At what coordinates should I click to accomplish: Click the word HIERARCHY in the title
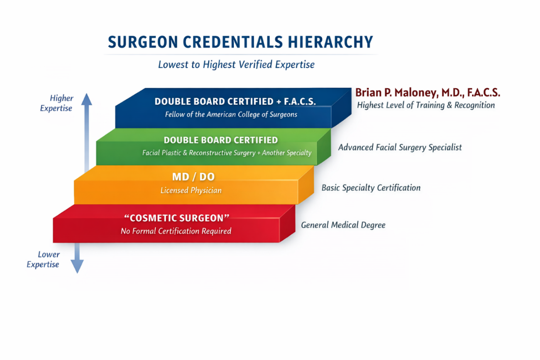click(330, 42)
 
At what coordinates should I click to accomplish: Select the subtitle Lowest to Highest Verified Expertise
click(236, 65)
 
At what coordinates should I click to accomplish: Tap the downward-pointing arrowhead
click(77, 266)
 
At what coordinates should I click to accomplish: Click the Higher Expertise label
click(57, 103)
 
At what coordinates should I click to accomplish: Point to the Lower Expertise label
click(43, 260)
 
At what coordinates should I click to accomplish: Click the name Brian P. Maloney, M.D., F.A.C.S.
click(428, 92)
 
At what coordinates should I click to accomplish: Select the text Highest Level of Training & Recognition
click(426, 105)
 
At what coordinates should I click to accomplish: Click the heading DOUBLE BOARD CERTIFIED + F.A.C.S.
click(235, 101)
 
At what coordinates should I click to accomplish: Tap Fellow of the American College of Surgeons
click(231, 115)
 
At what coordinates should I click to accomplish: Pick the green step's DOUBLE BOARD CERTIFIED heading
click(221, 140)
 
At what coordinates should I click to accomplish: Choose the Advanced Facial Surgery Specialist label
click(400, 147)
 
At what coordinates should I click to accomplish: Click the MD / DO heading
click(193, 177)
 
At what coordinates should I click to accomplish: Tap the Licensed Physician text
click(191, 191)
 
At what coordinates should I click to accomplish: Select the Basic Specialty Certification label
click(371, 188)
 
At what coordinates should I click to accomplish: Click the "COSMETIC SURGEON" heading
click(177, 218)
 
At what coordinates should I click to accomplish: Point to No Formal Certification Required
click(176, 231)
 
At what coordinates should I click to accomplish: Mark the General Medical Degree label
click(344, 225)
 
